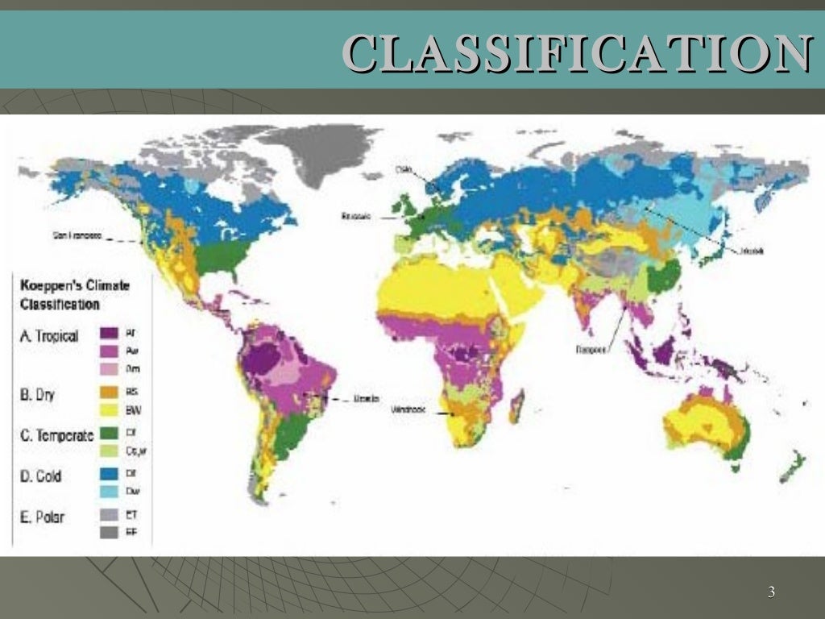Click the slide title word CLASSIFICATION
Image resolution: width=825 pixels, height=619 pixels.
[x=577, y=52]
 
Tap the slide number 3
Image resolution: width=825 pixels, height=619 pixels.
[x=771, y=593]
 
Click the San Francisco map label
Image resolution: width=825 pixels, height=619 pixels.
[x=77, y=236]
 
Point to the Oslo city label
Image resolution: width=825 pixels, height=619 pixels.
[x=403, y=169]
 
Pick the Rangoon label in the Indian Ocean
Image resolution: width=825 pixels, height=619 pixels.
[x=591, y=350]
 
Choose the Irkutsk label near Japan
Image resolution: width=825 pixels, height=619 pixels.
[x=749, y=251]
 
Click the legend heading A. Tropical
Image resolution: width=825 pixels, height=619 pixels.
[x=50, y=336]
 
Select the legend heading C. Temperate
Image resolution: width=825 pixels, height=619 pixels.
[x=56, y=436]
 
